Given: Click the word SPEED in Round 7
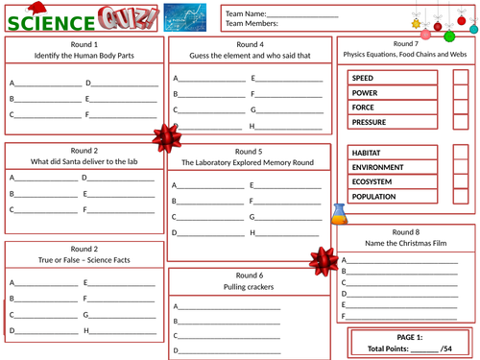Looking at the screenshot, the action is pos(364,78).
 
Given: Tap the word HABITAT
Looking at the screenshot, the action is pos(367,153).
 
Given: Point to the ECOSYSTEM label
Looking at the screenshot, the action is pos(372,181).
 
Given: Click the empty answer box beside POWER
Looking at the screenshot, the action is pos(460,93).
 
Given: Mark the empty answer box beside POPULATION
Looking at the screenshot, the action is pos(460,197).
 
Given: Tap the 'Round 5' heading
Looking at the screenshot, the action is pos(248,152).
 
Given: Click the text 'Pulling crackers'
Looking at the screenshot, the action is pos(250,287).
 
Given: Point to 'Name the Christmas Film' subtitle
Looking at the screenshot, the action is pos(406,244).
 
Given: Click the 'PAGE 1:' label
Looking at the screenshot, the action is pos(407,337).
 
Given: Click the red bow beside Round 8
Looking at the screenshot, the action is pos(320,258).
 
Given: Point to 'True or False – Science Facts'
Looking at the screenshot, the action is pos(84,260).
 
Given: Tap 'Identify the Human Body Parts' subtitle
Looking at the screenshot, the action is pos(84,56).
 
